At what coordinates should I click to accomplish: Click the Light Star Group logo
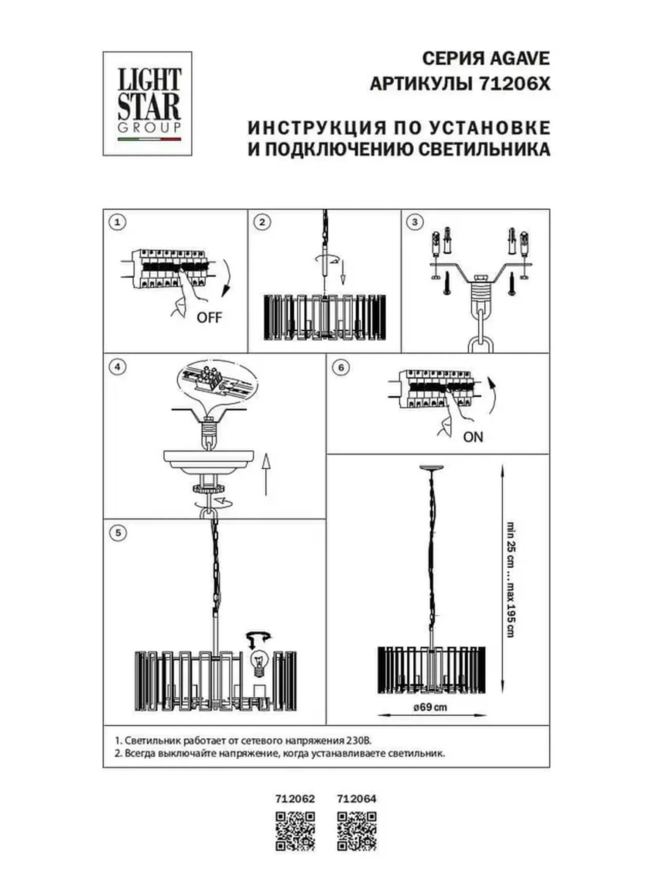147,103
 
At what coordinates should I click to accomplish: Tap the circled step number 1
117,222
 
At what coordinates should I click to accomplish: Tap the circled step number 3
415,222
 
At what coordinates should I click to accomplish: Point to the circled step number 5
117,533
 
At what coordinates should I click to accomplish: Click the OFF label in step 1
209,317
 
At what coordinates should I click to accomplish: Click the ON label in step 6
473,437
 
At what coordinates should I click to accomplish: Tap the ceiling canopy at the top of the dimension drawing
431,467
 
